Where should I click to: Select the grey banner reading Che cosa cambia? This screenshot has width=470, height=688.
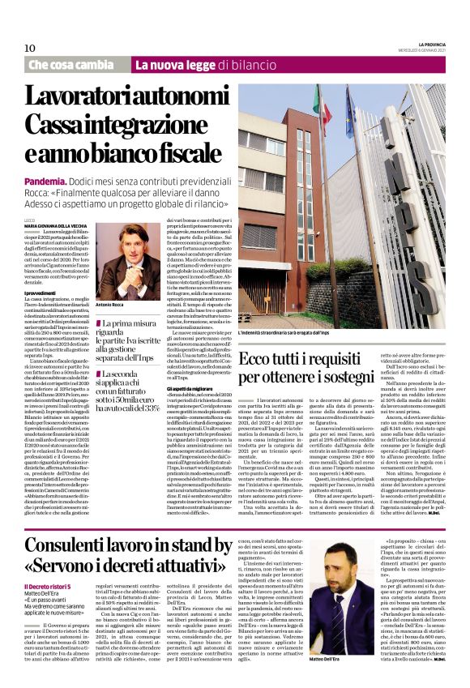tap(71, 64)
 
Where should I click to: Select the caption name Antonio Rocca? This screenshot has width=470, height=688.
tap(109, 306)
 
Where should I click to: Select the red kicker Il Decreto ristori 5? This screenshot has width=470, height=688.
tap(48, 587)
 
